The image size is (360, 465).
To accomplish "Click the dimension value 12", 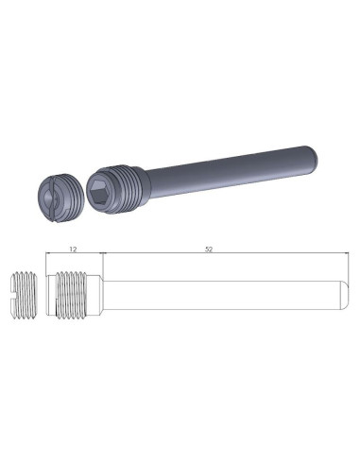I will point(74,248).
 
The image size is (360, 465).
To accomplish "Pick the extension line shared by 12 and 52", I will point(102,263).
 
